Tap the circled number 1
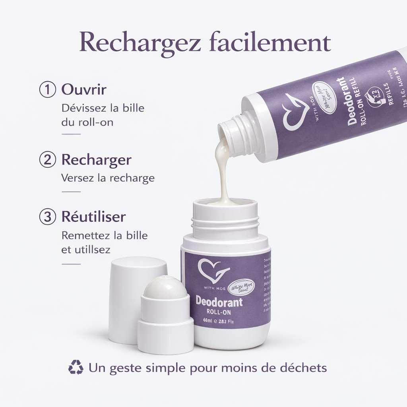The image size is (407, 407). click(47, 89)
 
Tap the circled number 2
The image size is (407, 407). click(47, 160)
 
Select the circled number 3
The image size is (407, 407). click(47, 217)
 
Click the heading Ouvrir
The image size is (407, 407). click(84, 89)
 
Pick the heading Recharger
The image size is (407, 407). click(96, 160)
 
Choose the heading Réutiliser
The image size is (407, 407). click(93, 217)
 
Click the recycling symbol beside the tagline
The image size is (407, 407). click(76, 367)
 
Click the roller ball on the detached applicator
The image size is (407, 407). click(165, 287)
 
